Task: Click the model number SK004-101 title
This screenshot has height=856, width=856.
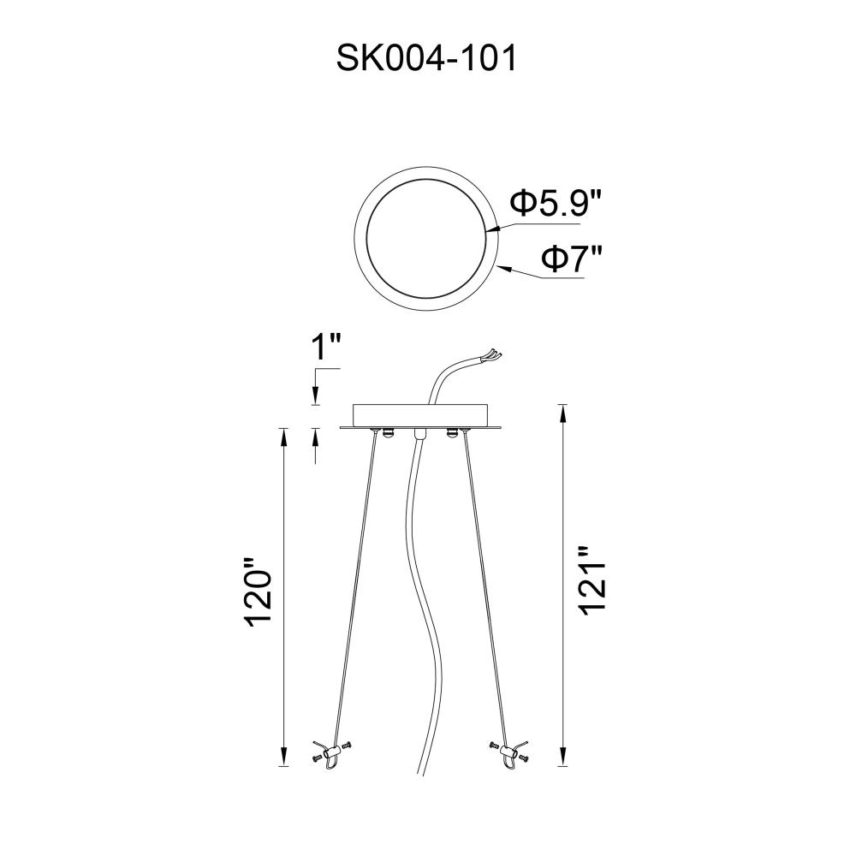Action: (x=426, y=58)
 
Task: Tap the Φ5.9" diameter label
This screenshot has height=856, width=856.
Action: (x=556, y=203)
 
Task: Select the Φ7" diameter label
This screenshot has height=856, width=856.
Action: (x=572, y=258)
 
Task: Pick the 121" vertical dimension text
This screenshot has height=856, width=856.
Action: (x=593, y=582)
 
